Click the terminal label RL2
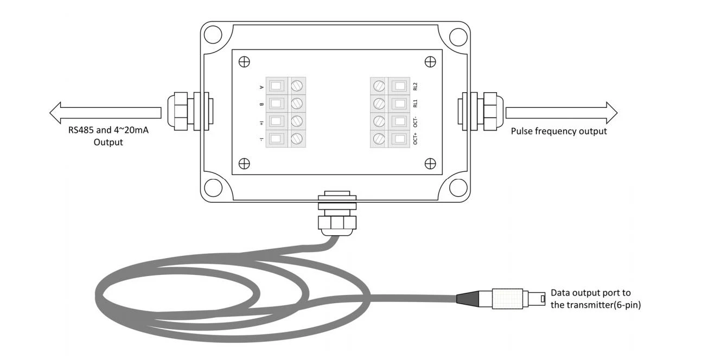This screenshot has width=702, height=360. [x=415, y=86]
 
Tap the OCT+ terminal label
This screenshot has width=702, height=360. [x=415, y=138]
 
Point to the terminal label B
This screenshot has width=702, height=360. [x=261, y=104]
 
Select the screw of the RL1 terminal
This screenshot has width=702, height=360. [x=379, y=104]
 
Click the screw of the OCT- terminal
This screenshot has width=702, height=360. [x=379, y=121]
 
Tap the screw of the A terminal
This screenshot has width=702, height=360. [x=297, y=86]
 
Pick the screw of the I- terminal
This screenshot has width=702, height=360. [x=297, y=138]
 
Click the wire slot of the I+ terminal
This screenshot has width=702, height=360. [x=276, y=121]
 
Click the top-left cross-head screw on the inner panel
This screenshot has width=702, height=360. [x=244, y=62]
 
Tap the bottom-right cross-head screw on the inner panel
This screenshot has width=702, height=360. [x=430, y=163]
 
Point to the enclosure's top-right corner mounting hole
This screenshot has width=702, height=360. [x=458, y=37]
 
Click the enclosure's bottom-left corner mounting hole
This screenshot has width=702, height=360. [x=213, y=188]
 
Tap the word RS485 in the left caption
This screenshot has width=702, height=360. [x=81, y=130]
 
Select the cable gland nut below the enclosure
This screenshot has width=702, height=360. [x=337, y=223]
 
